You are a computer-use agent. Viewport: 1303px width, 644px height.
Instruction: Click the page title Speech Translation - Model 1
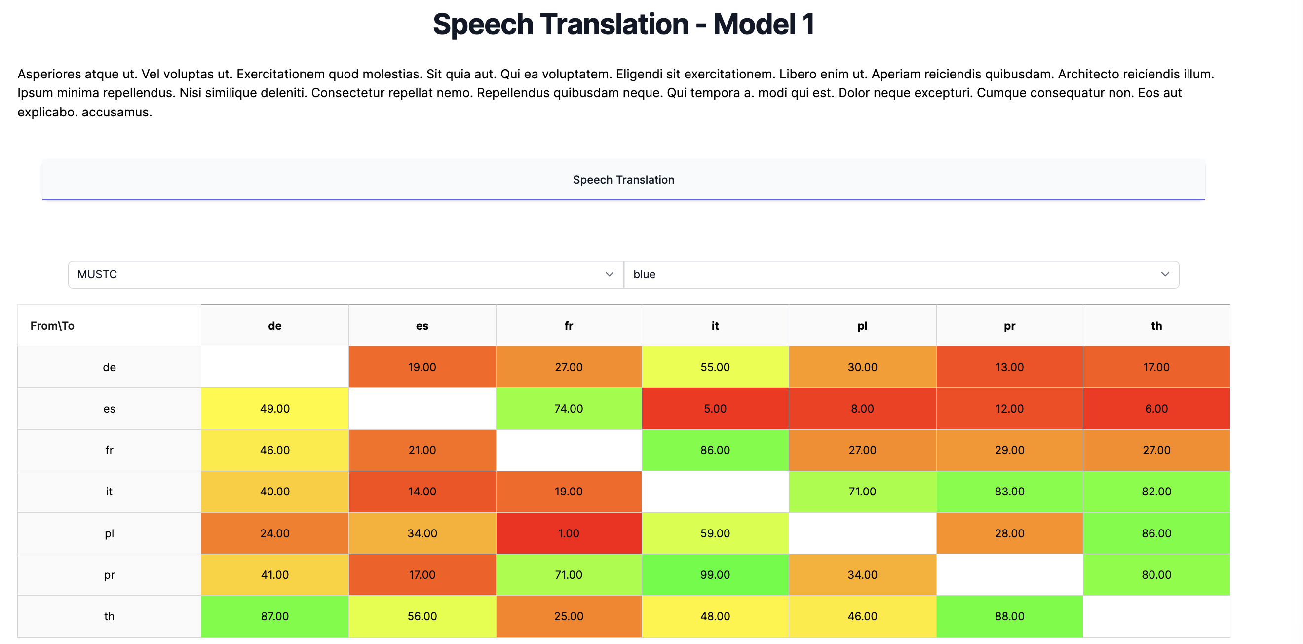click(x=623, y=24)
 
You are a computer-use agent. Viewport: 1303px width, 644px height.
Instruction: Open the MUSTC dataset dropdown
click(x=345, y=274)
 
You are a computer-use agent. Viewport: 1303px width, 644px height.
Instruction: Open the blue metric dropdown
click(x=901, y=274)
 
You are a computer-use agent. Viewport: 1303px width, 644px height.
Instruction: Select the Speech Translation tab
click(x=623, y=180)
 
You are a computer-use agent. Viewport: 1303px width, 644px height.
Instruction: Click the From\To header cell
click(x=53, y=325)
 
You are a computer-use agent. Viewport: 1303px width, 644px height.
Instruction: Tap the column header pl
click(x=862, y=325)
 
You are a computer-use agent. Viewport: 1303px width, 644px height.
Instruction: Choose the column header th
click(x=1156, y=325)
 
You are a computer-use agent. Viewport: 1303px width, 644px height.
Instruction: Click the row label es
click(x=109, y=408)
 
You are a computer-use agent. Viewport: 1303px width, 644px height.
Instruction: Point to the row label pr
click(x=109, y=575)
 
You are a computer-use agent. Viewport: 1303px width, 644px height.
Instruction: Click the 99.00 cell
click(x=715, y=575)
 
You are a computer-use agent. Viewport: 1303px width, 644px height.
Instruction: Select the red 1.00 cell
click(x=569, y=533)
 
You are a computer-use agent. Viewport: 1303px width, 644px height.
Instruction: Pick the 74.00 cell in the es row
click(x=569, y=408)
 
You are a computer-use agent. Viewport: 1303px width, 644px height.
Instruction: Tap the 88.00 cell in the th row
click(x=1009, y=616)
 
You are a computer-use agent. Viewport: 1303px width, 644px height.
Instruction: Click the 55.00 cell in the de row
click(x=715, y=367)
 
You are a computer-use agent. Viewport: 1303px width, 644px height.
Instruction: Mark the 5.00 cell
click(x=715, y=408)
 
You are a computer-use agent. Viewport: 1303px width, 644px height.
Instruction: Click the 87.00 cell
click(x=274, y=616)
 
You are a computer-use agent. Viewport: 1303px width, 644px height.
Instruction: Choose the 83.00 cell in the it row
click(x=1009, y=491)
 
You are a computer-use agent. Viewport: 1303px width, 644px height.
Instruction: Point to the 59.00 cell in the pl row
click(x=715, y=533)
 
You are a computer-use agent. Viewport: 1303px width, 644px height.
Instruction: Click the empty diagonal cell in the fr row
click(x=569, y=450)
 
